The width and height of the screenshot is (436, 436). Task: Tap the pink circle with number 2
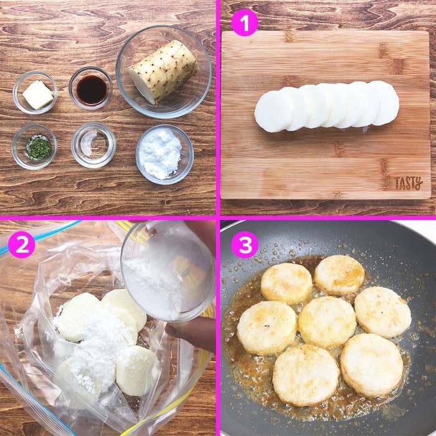point(22,245)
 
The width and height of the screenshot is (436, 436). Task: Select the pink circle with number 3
point(245,245)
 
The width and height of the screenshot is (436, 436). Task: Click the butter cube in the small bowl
point(37,95)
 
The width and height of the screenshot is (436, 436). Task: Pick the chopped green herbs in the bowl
point(38,148)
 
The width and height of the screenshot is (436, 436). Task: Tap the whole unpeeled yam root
point(164,72)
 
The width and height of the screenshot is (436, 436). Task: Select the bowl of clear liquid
point(93,145)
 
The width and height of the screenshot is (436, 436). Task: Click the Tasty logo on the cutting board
point(409,183)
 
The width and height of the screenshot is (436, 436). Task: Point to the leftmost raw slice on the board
point(273,111)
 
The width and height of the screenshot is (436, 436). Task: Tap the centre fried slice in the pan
point(327,322)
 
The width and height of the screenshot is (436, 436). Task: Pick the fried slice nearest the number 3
point(287,283)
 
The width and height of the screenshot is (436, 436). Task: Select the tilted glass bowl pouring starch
point(168,270)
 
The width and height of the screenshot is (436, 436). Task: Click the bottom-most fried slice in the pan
point(306,375)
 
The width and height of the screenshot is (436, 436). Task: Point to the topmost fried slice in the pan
point(339,275)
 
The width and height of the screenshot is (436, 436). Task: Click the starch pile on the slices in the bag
point(92,342)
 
